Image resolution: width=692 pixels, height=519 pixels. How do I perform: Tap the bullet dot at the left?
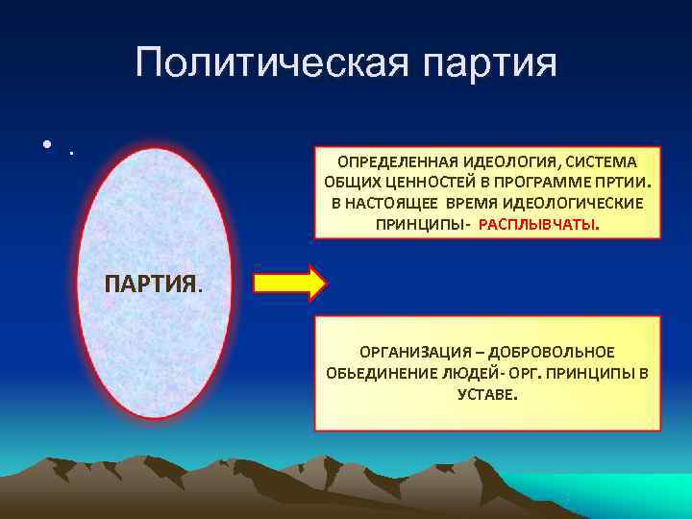pyautogui.click(x=47, y=147)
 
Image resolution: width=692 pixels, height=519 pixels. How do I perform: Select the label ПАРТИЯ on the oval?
pyautogui.click(x=152, y=284)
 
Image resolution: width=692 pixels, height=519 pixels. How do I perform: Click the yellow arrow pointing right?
pyautogui.click(x=290, y=283)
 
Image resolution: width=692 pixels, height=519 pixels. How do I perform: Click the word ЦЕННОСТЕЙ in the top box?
pyautogui.click(x=411, y=182)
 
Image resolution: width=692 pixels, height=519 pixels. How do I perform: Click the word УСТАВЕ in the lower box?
pyautogui.click(x=488, y=394)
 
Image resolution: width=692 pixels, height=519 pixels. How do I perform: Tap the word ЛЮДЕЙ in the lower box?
pyautogui.click(x=469, y=373)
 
